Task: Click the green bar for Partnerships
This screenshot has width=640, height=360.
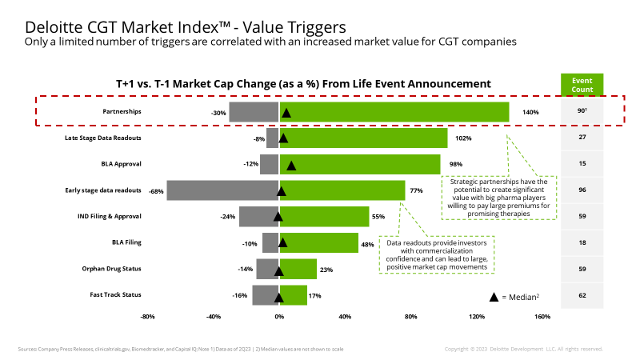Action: tap(394, 112)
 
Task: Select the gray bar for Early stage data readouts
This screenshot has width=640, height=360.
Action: tap(222, 190)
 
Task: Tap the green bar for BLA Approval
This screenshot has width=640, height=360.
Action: tap(359, 164)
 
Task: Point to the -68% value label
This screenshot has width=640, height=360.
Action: tap(156, 191)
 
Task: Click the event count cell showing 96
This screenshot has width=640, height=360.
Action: tap(582, 190)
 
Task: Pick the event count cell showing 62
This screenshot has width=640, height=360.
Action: tap(582, 295)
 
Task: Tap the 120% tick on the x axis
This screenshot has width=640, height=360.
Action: tap(477, 317)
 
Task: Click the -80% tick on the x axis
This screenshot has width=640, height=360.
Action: tap(147, 317)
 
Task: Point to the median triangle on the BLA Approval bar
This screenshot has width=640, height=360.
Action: tap(291, 166)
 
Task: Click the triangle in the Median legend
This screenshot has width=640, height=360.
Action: tap(494, 297)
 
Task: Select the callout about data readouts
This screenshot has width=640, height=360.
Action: tap(436, 254)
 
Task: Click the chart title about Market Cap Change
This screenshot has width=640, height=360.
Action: tap(303, 83)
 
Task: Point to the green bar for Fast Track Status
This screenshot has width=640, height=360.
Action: tap(293, 295)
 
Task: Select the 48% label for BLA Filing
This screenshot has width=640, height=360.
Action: tap(367, 244)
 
